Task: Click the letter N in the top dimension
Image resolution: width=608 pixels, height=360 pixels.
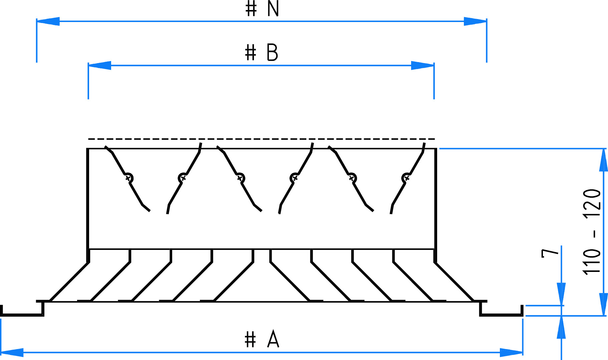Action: (x=273, y=9)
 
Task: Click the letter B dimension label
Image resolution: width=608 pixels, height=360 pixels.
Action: (x=272, y=53)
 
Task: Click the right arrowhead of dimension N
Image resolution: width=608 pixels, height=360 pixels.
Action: (x=475, y=21)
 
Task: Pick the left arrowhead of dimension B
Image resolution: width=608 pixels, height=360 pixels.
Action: (x=99, y=65)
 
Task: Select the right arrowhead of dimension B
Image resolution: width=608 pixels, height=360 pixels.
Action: (x=422, y=65)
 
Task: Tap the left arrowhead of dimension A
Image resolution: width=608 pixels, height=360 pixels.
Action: (x=12, y=352)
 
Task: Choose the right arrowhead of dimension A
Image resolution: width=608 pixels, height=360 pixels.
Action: (x=511, y=352)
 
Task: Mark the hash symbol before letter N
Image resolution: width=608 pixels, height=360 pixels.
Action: (x=251, y=9)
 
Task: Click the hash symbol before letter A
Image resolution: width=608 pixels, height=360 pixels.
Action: (x=250, y=340)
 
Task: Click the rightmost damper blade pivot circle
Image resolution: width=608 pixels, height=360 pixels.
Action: (x=406, y=177)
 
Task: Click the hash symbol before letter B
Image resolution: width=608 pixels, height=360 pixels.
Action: (x=251, y=53)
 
